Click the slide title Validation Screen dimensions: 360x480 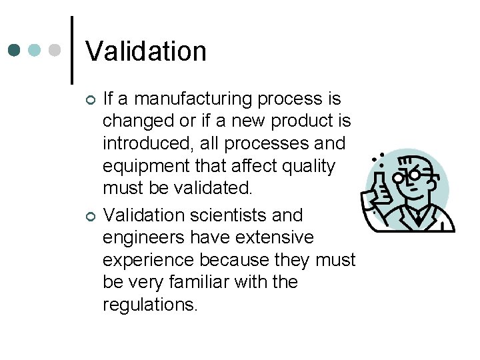146,51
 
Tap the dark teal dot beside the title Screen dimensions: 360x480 15,50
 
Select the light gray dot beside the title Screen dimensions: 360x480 55,50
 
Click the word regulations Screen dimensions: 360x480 150,305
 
